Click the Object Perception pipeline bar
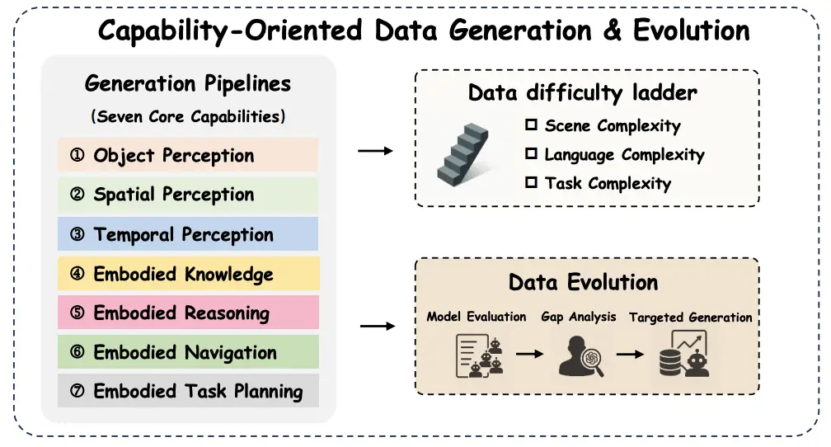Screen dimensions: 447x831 [187, 155]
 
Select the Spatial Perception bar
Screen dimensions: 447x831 [187, 195]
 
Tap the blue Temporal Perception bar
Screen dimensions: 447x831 [187, 234]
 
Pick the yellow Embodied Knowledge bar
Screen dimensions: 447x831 [187, 274]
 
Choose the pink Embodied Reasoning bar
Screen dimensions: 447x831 [187, 313]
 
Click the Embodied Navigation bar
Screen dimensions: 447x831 [187, 352]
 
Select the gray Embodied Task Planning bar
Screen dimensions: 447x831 [187, 391]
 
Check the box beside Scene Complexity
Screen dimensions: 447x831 [531, 125]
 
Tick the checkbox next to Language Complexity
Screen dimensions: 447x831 [531, 154]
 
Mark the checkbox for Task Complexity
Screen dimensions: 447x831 [531, 182]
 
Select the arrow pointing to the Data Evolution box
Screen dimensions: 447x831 [378, 327]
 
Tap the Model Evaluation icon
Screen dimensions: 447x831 [479, 354]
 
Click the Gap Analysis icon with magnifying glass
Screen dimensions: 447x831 [581, 355]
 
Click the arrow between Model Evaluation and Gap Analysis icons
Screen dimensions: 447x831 [530, 354]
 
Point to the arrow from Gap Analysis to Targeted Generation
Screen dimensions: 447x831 [631, 354]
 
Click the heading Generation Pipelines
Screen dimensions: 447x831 [188, 83]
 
